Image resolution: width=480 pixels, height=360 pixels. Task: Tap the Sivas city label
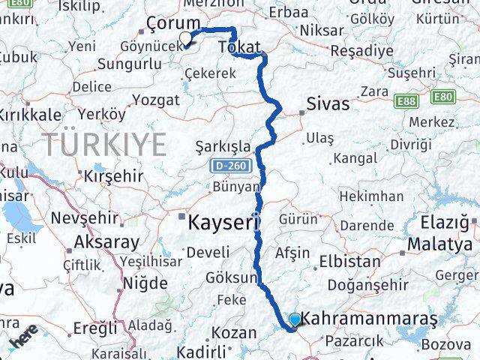pos(328,104)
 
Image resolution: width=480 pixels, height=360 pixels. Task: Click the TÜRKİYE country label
pos(104,143)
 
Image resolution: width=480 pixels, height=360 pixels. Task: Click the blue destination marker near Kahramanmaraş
pos(294,320)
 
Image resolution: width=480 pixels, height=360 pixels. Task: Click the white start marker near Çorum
pos(184,37)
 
